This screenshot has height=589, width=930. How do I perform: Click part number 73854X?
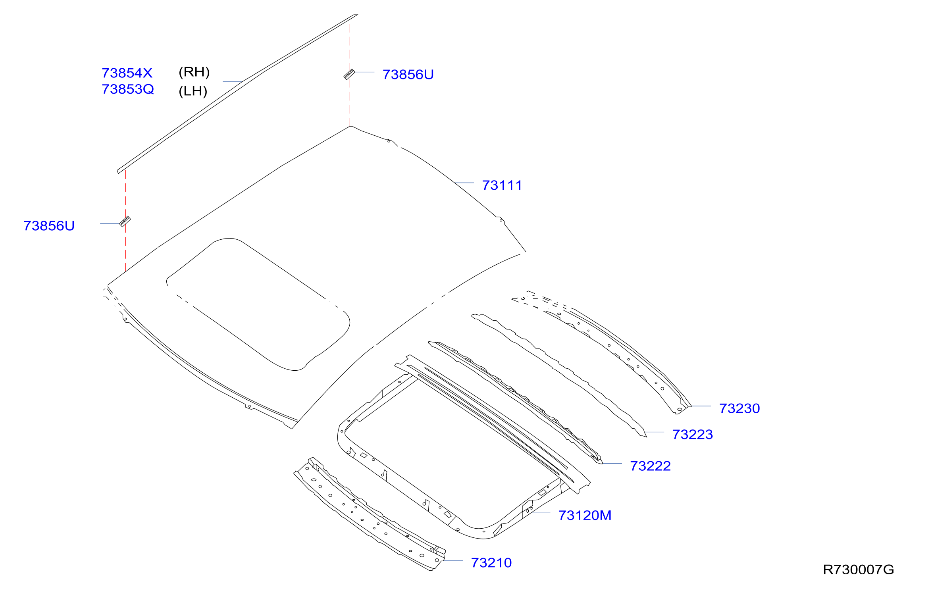pyautogui.click(x=127, y=73)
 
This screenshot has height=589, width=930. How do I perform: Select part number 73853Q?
pyautogui.click(x=128, y=89)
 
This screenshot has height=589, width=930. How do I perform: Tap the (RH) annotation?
pyautogui.click(x=194, y=72)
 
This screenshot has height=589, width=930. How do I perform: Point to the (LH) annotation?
pyautogui.click(x=193, y=91)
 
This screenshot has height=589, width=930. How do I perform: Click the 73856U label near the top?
pyautogui.click(x=408, y=75)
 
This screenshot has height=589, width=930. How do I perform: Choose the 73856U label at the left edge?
pyautogui.click(x=49, y=226)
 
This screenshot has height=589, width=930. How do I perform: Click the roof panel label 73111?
pyautogui.click(x=502, y=185)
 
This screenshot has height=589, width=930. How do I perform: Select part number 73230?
pyautogui.click(x=739, y=408)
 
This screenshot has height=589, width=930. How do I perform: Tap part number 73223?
pyautogui.click(x=693, y=435)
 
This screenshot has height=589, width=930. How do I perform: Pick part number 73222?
pyautogui.click(x=651, y=466)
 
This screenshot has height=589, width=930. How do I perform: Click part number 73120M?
pyautogui.click(x=585, y=516)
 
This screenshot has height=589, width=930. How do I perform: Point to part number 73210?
pyautogui.click(x=491, y=563)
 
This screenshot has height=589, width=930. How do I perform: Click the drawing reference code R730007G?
pyautogui.click(x=859, y=570)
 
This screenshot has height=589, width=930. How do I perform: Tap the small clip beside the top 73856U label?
pyautogui.click(x=349, y=74)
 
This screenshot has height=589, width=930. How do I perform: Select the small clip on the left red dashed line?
pyautogui.click(x=125, y=221)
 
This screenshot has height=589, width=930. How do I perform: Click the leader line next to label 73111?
pyautogui.click(x=464, y=183)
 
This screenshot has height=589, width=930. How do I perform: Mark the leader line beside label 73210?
pyautogui.click(x=452, y=560)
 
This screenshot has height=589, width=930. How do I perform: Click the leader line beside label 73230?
pyautogui.click(x=701, y=406)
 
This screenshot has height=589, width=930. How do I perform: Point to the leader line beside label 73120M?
pyautogui.click(x=540, y=513)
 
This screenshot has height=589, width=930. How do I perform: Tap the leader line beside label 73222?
pyautogui.click(x=612, y=464)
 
